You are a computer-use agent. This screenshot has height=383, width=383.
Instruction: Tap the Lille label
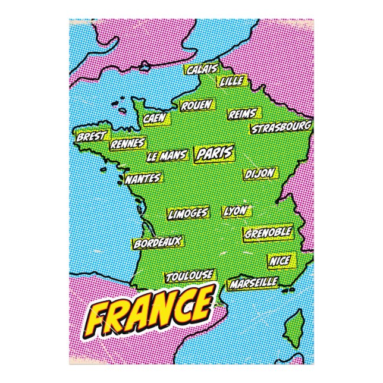pyautogui.click(x=231, y=81)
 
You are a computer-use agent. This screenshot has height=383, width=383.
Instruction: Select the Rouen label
pyautogui.click(x=197, y=105)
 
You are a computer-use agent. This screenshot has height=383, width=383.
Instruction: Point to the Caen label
pyautogui.click(x=155, y=118)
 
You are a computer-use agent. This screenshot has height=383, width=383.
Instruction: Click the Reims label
pyautogui.click(x=242, y=114)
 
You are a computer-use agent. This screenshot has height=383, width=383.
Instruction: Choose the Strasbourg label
pyautogui.click(x=281, y=127)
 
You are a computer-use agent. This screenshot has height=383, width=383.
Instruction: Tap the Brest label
pyautogui.click(x=90, y=136)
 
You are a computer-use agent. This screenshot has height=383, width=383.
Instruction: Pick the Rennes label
pyautogui.click(x=127, y=143)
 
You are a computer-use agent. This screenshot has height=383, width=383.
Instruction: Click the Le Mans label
pyautogui.click(x=167, y=156)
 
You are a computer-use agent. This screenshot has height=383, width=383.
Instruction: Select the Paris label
pyautogui.click(x=214, y=153)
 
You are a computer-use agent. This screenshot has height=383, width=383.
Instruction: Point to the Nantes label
pyautogui.click(x=143, y=178)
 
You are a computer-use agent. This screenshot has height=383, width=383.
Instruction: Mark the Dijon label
pyautogui.click(x=260, y=173)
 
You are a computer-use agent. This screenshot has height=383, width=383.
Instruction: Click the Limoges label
pyautogui.click(x=188, y=213)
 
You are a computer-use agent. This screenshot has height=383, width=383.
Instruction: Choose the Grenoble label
pyautogui.click(x=268, y=231)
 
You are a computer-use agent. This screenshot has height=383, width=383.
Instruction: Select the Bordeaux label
pyautogui.click(x=157, y=243)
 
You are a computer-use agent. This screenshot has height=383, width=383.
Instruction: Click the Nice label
pyautogui.click(x=280, y=261)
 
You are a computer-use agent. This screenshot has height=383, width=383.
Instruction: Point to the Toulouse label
pyautogui.click(x=189, y=276)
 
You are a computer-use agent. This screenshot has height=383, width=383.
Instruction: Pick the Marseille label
pyautogui.click(x=253, y=281)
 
